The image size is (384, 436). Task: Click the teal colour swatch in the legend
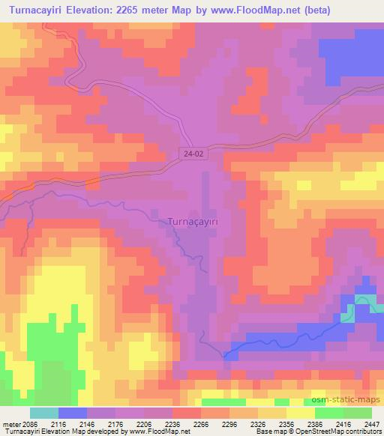tap(44, 413)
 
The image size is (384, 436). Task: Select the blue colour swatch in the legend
tap(73, 413)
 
